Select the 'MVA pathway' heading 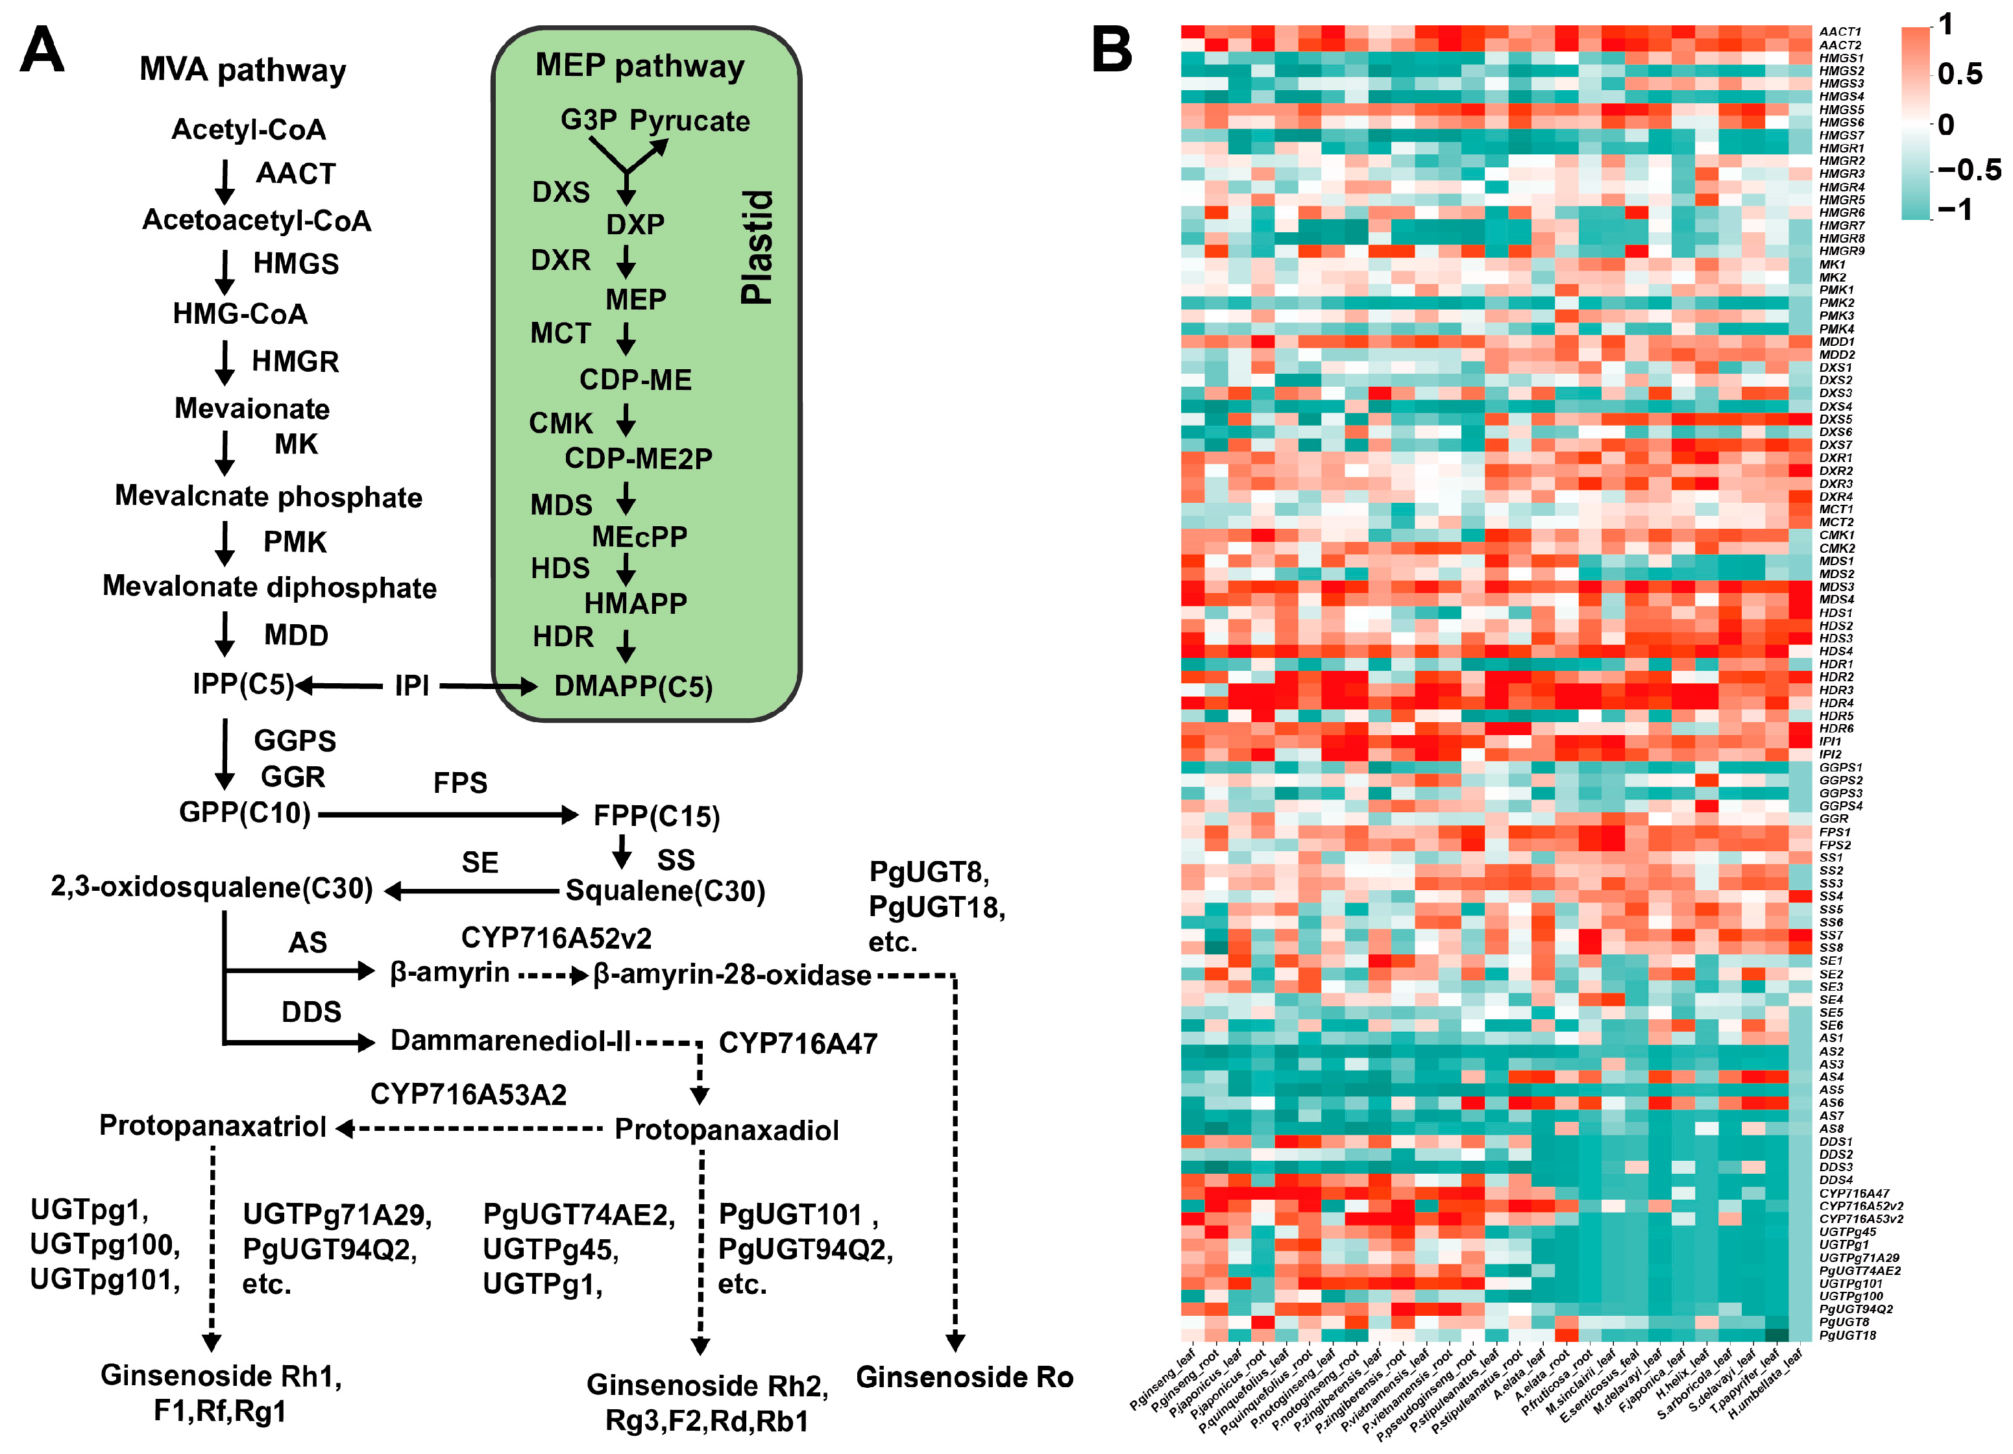pos(242,70)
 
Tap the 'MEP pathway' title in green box pos(639,67)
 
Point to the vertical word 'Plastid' pos(757,248)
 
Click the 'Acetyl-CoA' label pos(249,130)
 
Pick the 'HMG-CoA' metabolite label pos(239,314)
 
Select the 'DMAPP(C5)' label pos(633,686)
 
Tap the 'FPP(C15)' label pos(657,816)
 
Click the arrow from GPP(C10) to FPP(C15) pos(448,814)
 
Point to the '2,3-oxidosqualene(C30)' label pos(212,889)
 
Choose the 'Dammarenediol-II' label pos(510,1040)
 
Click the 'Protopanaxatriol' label pos(213,1126)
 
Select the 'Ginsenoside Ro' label pos(965,1377)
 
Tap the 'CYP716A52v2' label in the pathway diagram pos(557,938)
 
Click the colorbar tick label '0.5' pos(1960,74)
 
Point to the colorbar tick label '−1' pos(1955,210)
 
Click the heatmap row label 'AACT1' pos(1840,32)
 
